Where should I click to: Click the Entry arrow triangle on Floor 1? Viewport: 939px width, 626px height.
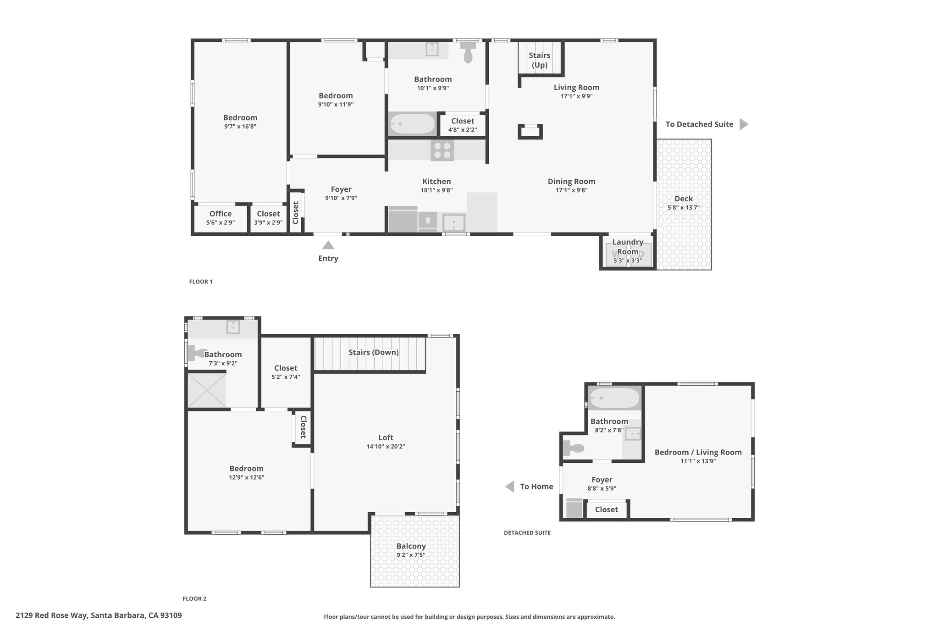[328, 245]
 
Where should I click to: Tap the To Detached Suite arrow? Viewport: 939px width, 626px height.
[744, 124]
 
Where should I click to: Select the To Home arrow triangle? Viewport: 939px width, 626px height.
[510, 487]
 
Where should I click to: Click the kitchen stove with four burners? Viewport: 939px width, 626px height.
[442, 150]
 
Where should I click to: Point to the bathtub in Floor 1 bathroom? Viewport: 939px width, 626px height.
[412, 124]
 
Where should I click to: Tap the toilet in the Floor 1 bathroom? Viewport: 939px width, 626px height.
[468, 52]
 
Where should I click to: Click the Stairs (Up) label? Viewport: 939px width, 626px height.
[540, 60]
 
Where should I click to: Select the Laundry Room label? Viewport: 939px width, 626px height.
[628, 247]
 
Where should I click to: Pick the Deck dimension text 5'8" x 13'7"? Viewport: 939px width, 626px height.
[684, 207]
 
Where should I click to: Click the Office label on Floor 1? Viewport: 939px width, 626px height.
[221, 214]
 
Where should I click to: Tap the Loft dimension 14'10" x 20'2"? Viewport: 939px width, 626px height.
[386, 446]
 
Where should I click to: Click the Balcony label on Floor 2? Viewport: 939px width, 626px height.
[411, 546]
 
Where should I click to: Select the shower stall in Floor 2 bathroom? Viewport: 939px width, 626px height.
[207, 390]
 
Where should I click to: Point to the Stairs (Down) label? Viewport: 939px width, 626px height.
[374, 352]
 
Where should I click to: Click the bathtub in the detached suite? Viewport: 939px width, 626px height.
[614, 398]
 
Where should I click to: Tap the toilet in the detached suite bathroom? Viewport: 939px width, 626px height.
[574, 448]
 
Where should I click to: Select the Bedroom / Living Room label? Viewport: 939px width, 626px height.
[698, 452]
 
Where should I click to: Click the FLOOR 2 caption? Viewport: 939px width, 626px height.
[194, 598]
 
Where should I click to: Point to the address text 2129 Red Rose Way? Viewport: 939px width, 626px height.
[52, 615]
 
